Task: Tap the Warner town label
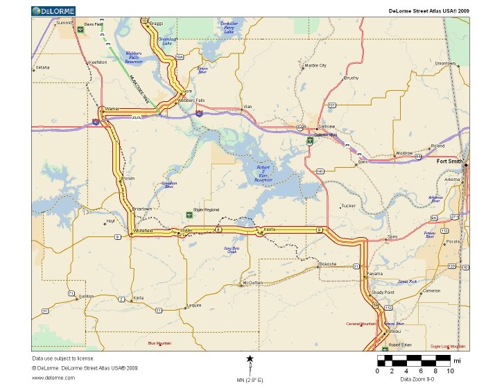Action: [112, 109]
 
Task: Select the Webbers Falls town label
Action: [191, 101]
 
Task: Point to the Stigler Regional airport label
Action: [206, 209]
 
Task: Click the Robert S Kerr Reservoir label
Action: [264, 173]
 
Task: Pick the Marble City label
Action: [315, 66]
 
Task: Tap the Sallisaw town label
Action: [326, 126]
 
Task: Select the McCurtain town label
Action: [253, 283]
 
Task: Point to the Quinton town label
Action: [87, 296]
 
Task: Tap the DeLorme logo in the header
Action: [53, 10]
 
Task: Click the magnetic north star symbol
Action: [250, 358]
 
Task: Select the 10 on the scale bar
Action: [451, 371]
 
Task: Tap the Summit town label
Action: [64, 23]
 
